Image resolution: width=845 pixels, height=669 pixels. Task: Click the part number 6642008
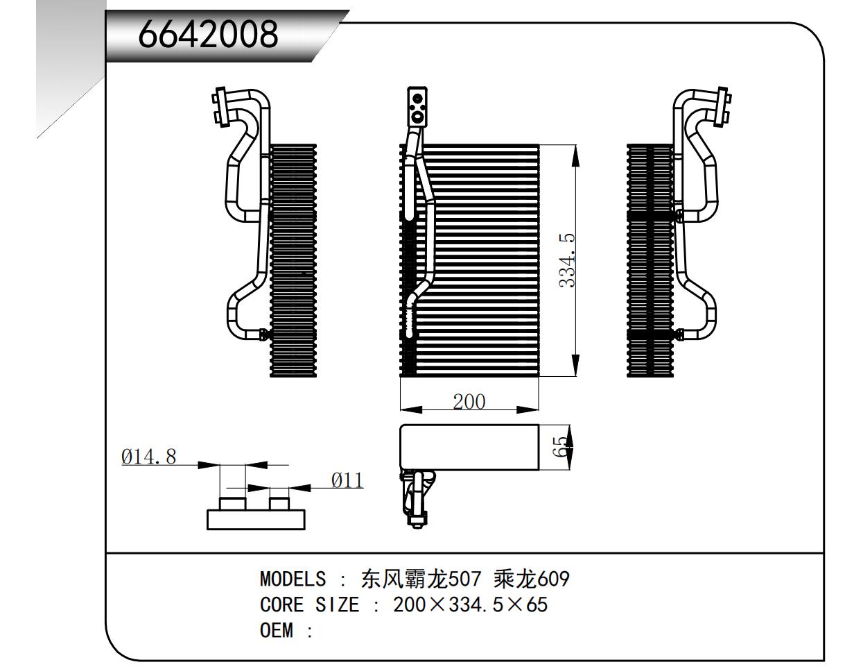coord(208,35)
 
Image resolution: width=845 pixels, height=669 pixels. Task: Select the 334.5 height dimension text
coord(566,260)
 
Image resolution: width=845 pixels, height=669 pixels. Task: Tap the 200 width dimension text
coord(469,402)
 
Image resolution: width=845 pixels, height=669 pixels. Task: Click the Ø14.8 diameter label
coord(148,457)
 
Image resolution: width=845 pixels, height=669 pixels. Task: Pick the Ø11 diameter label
coord(347,480)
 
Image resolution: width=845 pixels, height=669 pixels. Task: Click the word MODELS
coord(292,578)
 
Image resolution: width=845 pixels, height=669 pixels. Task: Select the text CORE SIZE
coord(309,605)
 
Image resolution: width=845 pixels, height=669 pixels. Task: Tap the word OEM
coord(277,632)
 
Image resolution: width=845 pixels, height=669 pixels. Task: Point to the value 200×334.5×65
coord(470,605)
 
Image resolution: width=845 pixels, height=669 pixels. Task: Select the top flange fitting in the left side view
coord(221,107)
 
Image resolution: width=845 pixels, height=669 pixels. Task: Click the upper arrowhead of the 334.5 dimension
coord(575,156)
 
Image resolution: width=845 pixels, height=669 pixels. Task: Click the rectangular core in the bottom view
coord(469,446)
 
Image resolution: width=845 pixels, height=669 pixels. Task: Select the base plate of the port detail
coord(256,520)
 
